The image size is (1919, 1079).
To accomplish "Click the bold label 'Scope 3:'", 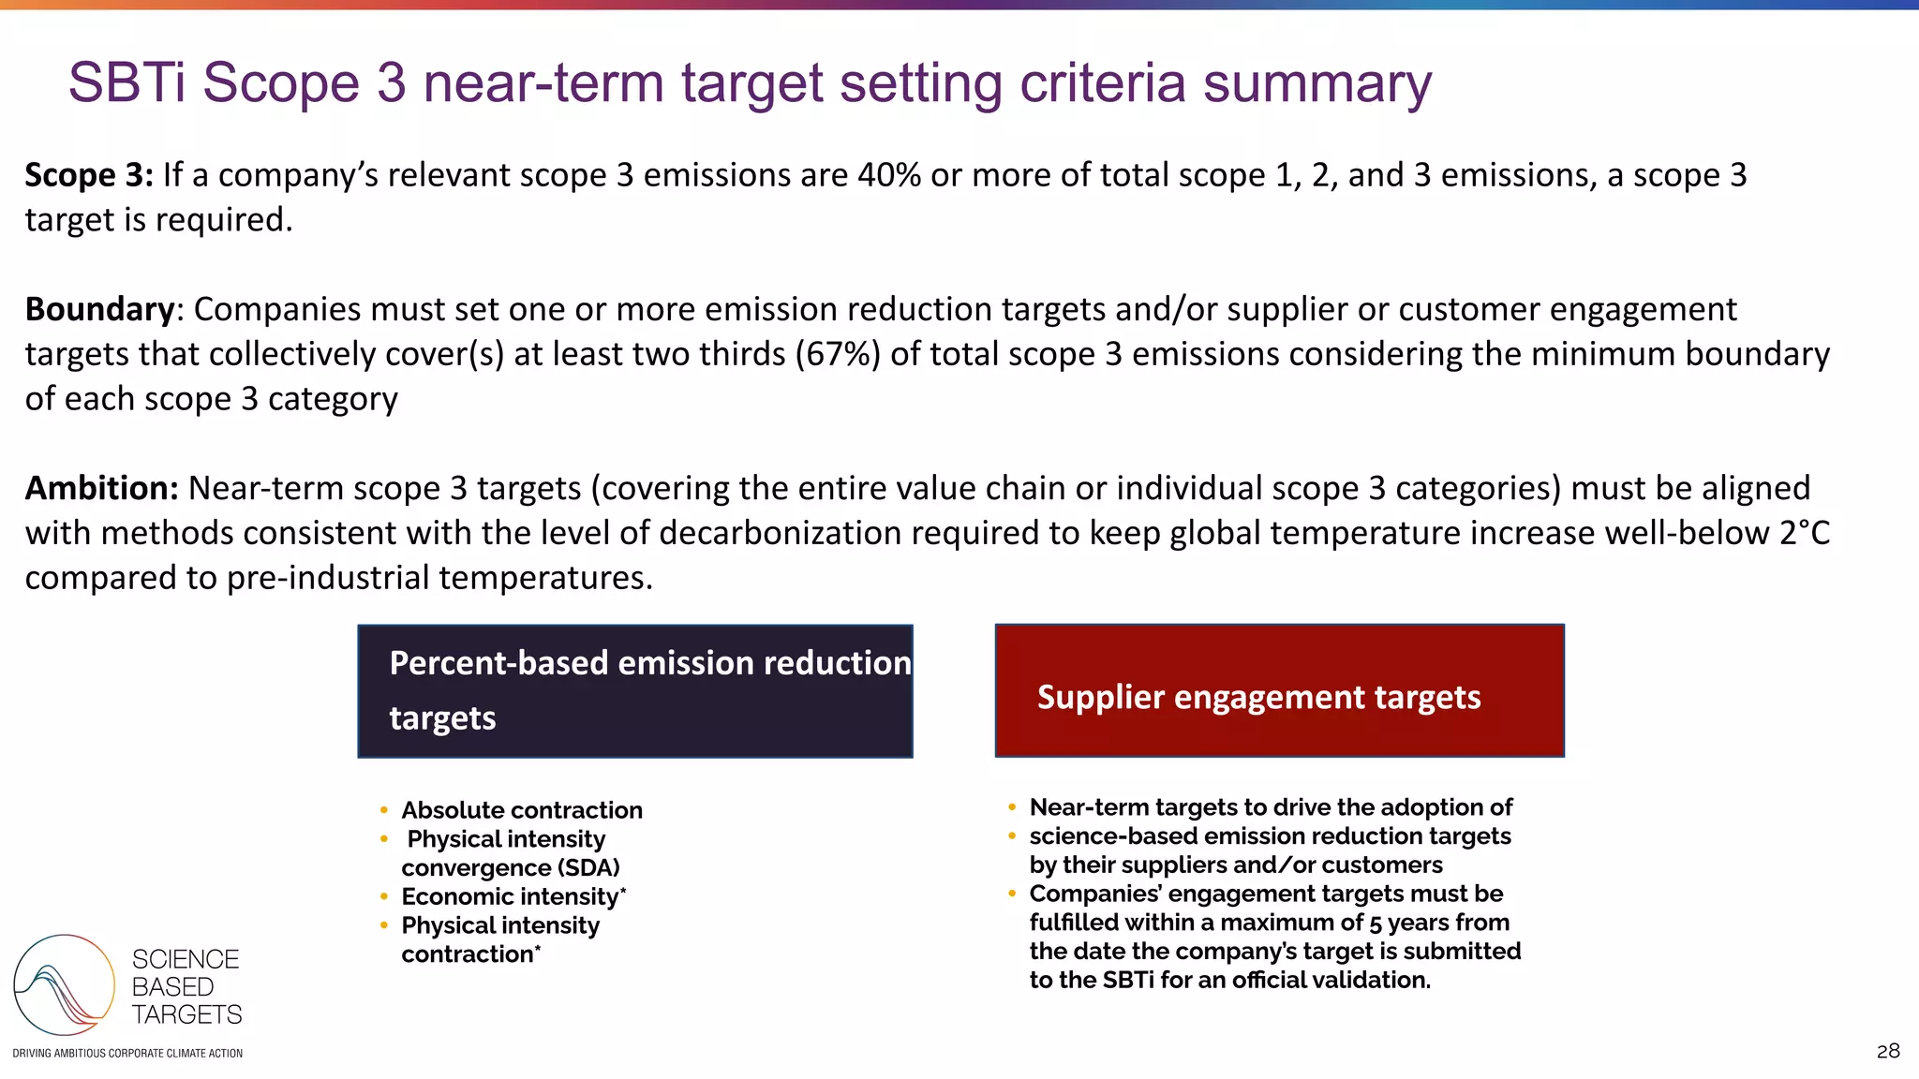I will (x=88, y=175).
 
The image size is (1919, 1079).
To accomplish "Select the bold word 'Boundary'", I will (x=99, y=309).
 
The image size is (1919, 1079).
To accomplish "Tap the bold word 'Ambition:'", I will (x=101, y=488).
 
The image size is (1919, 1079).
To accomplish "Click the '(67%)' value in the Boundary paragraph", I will (x=838, y=354).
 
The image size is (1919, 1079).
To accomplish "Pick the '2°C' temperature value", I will (x=1805, y=533).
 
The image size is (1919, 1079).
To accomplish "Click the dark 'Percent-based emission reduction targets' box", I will (x=634, y=691).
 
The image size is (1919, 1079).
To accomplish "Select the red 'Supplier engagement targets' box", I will (x=1279, y=691).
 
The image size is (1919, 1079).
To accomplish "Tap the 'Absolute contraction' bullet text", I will (x=522, y=810).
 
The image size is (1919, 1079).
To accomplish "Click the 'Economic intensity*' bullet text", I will (x=513, y=896).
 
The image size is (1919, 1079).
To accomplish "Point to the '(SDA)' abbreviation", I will (x=588, y=867).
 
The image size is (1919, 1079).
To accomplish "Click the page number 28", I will (x=1888, y=1051).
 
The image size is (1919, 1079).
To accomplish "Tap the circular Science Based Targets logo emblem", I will (x=64, y=984).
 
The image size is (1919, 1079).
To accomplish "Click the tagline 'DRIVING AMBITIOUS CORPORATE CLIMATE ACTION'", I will (x=127, y=1054).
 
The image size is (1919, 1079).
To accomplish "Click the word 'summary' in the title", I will (x=1317, y=82).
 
